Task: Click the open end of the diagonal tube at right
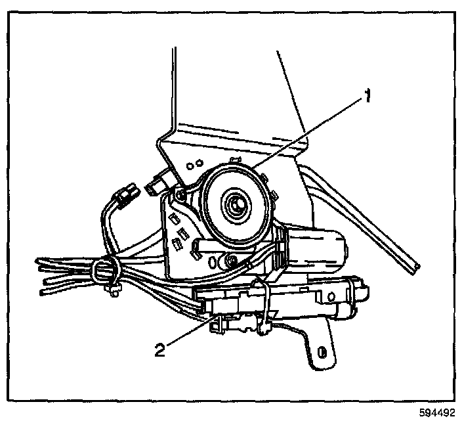(413, 265)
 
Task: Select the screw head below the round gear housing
(231, 261)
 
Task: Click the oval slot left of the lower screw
(213, 260)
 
